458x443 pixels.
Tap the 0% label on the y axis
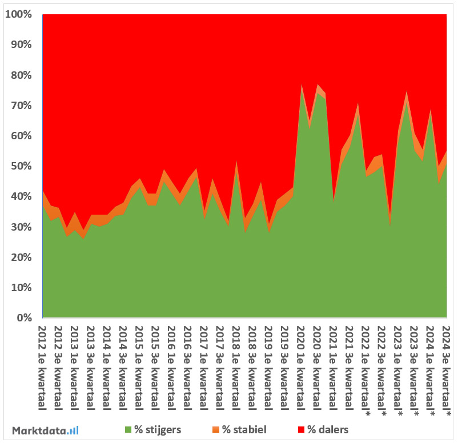(25, 318)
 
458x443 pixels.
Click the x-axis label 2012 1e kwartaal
(42, 365)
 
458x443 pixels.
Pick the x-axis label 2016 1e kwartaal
(171, 365)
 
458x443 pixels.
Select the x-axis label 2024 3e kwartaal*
(447, 368)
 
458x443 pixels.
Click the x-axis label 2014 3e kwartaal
(123, 365)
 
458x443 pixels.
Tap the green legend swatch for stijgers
(128, 429)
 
